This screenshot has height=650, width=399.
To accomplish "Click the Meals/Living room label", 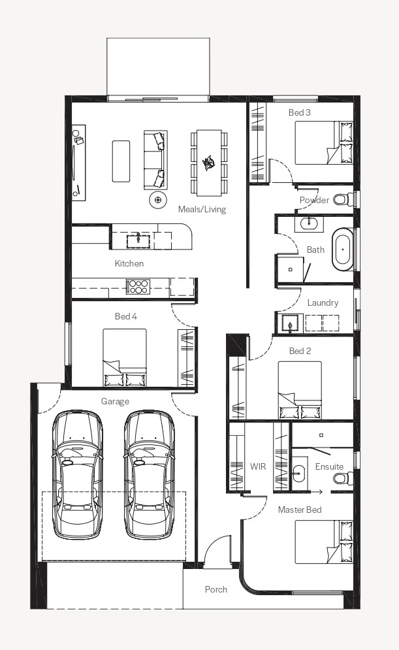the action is pyautogui.click(x=202, y=209).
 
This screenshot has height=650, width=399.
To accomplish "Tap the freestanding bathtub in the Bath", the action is pyautogui.click(x=343, y=250).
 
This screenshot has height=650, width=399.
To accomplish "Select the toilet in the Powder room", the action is pyautogui.click(x=342, y=199).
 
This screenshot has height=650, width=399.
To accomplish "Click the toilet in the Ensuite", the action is pyautogui.click(x=343, y=479).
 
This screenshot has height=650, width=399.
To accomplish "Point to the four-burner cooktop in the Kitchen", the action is pyautogui.click(x=138, y=286).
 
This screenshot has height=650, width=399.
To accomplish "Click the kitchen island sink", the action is pyautogui.click(x=138, y=239).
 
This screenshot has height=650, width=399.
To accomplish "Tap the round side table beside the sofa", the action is pyautogui.click(x=158, y=200).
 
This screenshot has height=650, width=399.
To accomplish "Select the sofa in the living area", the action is pyautogui.click(x=155, y=160).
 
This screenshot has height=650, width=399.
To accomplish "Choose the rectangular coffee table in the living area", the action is pyautogui.click(x=121, y=161).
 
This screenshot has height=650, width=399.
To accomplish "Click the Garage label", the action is pyautogui.click(x=115, y=401).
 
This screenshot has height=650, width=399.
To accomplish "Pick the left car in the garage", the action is pyautogui.click(x=77, y=475).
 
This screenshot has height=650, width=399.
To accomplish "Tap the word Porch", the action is pyautogui.click(x=216, y=589).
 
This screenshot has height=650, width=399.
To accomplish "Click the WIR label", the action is pyautogui.click(x=258, y=466).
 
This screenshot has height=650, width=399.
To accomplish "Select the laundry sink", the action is pyautogui.click(x=289, y=323).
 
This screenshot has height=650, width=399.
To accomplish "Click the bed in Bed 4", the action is pyautogui.click(x=125, y=358).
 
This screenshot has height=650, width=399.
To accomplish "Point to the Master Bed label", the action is pyautogui.click(x=300, y=510).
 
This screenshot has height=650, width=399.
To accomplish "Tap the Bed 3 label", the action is pyautogui.click(x=300, y=112).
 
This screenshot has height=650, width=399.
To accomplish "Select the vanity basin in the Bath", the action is pyautogui.click(x=308, y=223).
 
